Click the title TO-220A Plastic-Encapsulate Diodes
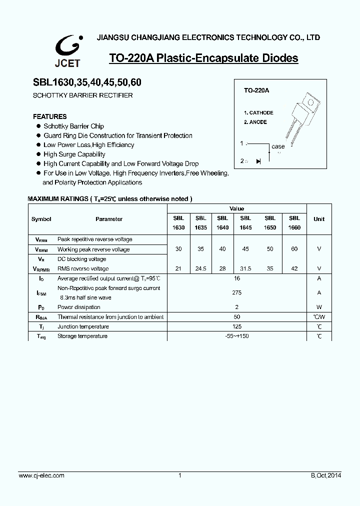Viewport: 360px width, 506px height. pos(203,58)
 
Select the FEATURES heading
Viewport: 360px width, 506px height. pos(49,116)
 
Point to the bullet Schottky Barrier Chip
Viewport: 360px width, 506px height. pos(73,126)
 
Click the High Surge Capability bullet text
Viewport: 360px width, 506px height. pos(74,154)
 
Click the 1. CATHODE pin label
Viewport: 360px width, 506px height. pos(258,113)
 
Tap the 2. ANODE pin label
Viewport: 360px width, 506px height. pos(255,122)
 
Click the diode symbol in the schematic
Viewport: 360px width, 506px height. pos(258,161)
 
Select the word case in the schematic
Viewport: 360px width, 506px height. pos(278,146)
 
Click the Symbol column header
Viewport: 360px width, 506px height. pos(41,219)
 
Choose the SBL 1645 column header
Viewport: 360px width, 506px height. pos(245,222)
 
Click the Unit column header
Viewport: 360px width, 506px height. pos(318,219)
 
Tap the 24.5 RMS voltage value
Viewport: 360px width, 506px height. pos(200,268)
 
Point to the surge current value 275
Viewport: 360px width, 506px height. pos(236,292)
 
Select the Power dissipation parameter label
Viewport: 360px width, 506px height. pos(79,307)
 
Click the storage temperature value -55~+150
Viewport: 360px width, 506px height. pos(236,336)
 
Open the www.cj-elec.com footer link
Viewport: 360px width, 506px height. pos(41,475)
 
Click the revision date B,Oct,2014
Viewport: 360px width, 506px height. pos(326,475)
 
